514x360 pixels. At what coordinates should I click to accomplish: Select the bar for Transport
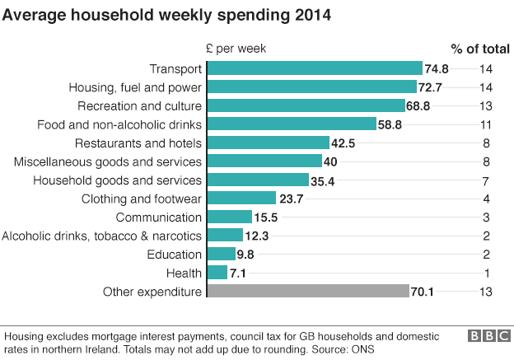(315, 69)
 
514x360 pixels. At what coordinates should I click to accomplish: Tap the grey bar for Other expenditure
(308, 291)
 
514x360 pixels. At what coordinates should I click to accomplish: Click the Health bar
(217, 273)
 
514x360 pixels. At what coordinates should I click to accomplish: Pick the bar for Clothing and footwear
(242, 199)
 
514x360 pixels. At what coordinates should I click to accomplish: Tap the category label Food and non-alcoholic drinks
(120, 124)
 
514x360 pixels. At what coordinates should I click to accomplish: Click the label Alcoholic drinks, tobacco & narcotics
(102, 236)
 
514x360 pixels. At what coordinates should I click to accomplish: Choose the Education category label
(175, 255)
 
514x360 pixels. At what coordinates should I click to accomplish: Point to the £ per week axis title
(236, 49)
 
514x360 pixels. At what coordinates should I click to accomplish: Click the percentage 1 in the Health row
(487, 273)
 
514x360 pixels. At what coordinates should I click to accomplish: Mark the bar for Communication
(230, 217)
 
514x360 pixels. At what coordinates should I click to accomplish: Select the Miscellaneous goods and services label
(108, 161)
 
